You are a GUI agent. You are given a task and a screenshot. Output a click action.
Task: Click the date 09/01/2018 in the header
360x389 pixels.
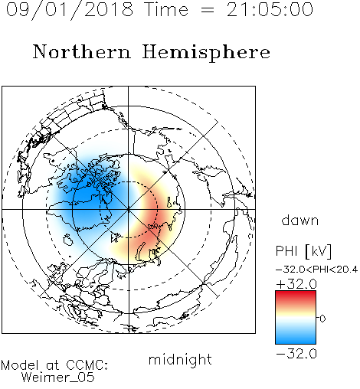[x=70, y=10]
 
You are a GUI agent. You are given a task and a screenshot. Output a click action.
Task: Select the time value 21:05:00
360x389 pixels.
[x=270, y=9]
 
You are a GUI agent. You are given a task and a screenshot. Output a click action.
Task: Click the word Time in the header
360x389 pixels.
[x=166, y=9]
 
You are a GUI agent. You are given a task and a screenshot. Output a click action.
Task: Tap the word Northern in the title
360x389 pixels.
[x=82, y=51]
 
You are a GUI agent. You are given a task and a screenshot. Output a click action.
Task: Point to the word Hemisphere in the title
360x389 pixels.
[x=206, y=53]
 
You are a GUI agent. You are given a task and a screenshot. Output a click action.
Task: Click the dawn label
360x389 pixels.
[x=300, y=220]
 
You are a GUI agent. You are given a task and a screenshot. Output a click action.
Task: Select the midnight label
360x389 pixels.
[x=180, y=360]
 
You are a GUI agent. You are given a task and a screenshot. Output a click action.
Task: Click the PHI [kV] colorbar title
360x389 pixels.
[x=304, y=251]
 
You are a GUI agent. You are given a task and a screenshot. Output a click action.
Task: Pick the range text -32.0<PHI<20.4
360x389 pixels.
[x=317, y=270]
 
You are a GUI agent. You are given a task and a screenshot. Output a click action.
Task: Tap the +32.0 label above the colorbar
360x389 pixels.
[x=296, y=284]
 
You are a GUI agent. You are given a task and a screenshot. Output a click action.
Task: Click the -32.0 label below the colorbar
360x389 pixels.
[x=296, y=354]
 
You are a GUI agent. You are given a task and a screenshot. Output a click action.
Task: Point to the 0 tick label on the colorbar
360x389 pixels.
[x=322, y=319]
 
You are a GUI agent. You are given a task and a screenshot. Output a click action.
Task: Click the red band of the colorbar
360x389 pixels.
[x=296, y=296]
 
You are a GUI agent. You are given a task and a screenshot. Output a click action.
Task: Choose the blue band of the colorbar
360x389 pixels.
[x=296, y=338]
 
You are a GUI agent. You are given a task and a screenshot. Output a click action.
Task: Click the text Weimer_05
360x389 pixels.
[x=58, y=378]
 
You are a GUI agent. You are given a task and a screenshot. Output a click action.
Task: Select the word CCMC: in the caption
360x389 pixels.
[x=87, y=365]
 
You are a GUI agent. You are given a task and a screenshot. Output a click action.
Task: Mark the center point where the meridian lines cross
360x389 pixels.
[x=128, y=209]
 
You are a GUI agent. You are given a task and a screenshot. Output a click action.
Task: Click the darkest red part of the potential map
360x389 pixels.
[x=154, y=217]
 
